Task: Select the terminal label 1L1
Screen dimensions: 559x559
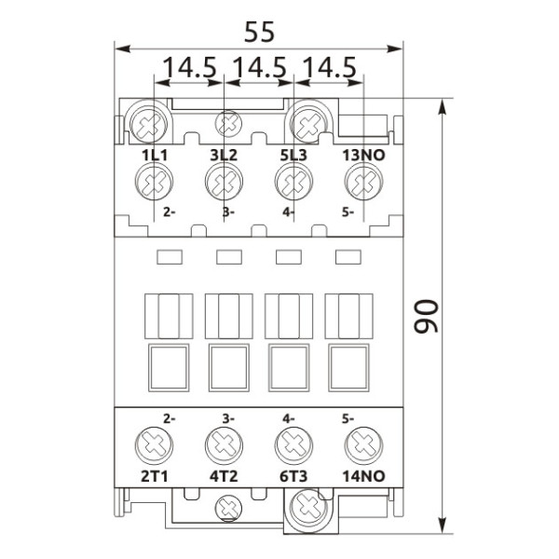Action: click(154, 155)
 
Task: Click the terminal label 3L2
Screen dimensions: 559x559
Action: click(224, 155)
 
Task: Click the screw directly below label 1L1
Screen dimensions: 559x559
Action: click(152, 181)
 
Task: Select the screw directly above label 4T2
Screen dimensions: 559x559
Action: click(224, 444)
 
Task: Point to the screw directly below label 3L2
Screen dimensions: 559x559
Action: click(224, 181)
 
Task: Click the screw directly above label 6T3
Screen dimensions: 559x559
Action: click(292, 444)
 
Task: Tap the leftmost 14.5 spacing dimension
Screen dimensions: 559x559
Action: click(190, 68)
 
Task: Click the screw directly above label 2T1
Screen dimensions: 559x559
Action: click(152, 444)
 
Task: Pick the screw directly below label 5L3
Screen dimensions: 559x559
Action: click(292, 181)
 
